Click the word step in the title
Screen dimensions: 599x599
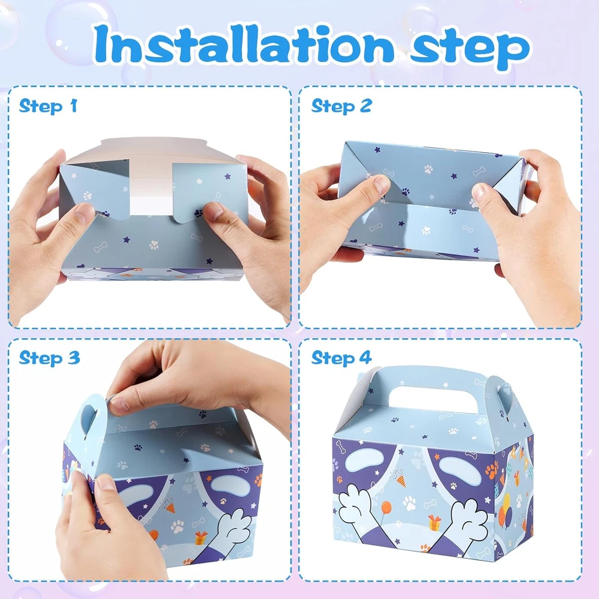(x=470, y=50)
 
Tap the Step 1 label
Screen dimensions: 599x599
(x=48, y=106)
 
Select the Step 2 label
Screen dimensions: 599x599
(x=341, y=106)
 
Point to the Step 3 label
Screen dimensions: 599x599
(x=49, y=358)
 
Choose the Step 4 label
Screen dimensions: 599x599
(x=341, y=358)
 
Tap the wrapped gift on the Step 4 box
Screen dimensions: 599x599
(x=434, y=522)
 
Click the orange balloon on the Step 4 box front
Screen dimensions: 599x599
(x=386, y=508)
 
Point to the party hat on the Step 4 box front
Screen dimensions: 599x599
(x=400, y=480)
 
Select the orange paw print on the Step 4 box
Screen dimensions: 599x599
(x=492, y=470)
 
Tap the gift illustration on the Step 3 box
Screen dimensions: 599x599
(x=201, y=537)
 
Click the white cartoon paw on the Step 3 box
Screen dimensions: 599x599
(x=235, y=527)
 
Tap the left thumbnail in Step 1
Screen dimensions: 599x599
(x=84, y=211)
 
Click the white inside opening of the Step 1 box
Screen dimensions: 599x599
(x=151, y=189)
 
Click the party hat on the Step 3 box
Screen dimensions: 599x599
(x=170, y=507)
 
